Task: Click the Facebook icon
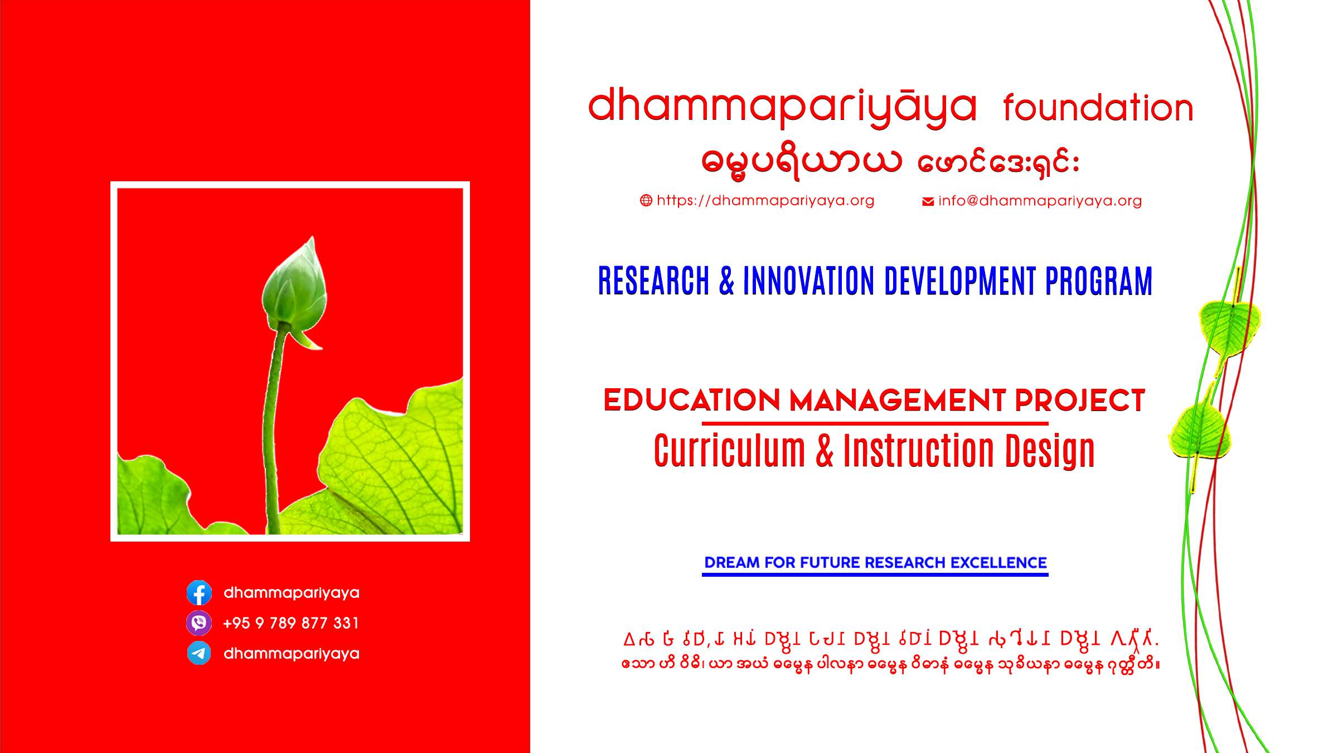click(x=199, y=592)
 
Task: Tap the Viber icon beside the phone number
click(x=199, y=623)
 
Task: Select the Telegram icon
click(x=199, y=653)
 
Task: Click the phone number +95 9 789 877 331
click(x=291, y=623)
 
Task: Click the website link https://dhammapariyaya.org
click(x=765, y=201)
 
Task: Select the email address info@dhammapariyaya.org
click(x=1040, y=201)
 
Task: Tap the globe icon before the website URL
click(x=646, y=201)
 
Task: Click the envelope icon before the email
click(x=928, y=201)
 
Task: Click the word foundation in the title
click(x=1098, y=108)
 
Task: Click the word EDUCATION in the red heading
click(x=691, y=400)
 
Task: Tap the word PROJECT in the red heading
click(x=1079, y=400)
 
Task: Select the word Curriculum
click(x=729, y=451)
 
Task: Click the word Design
click(x=1049, y=451)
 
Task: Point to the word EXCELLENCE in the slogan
click(x=998, y=563)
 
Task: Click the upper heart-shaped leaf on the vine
click(x=1229, y=326)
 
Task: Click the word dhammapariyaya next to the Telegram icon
click(x=291, y=654)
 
